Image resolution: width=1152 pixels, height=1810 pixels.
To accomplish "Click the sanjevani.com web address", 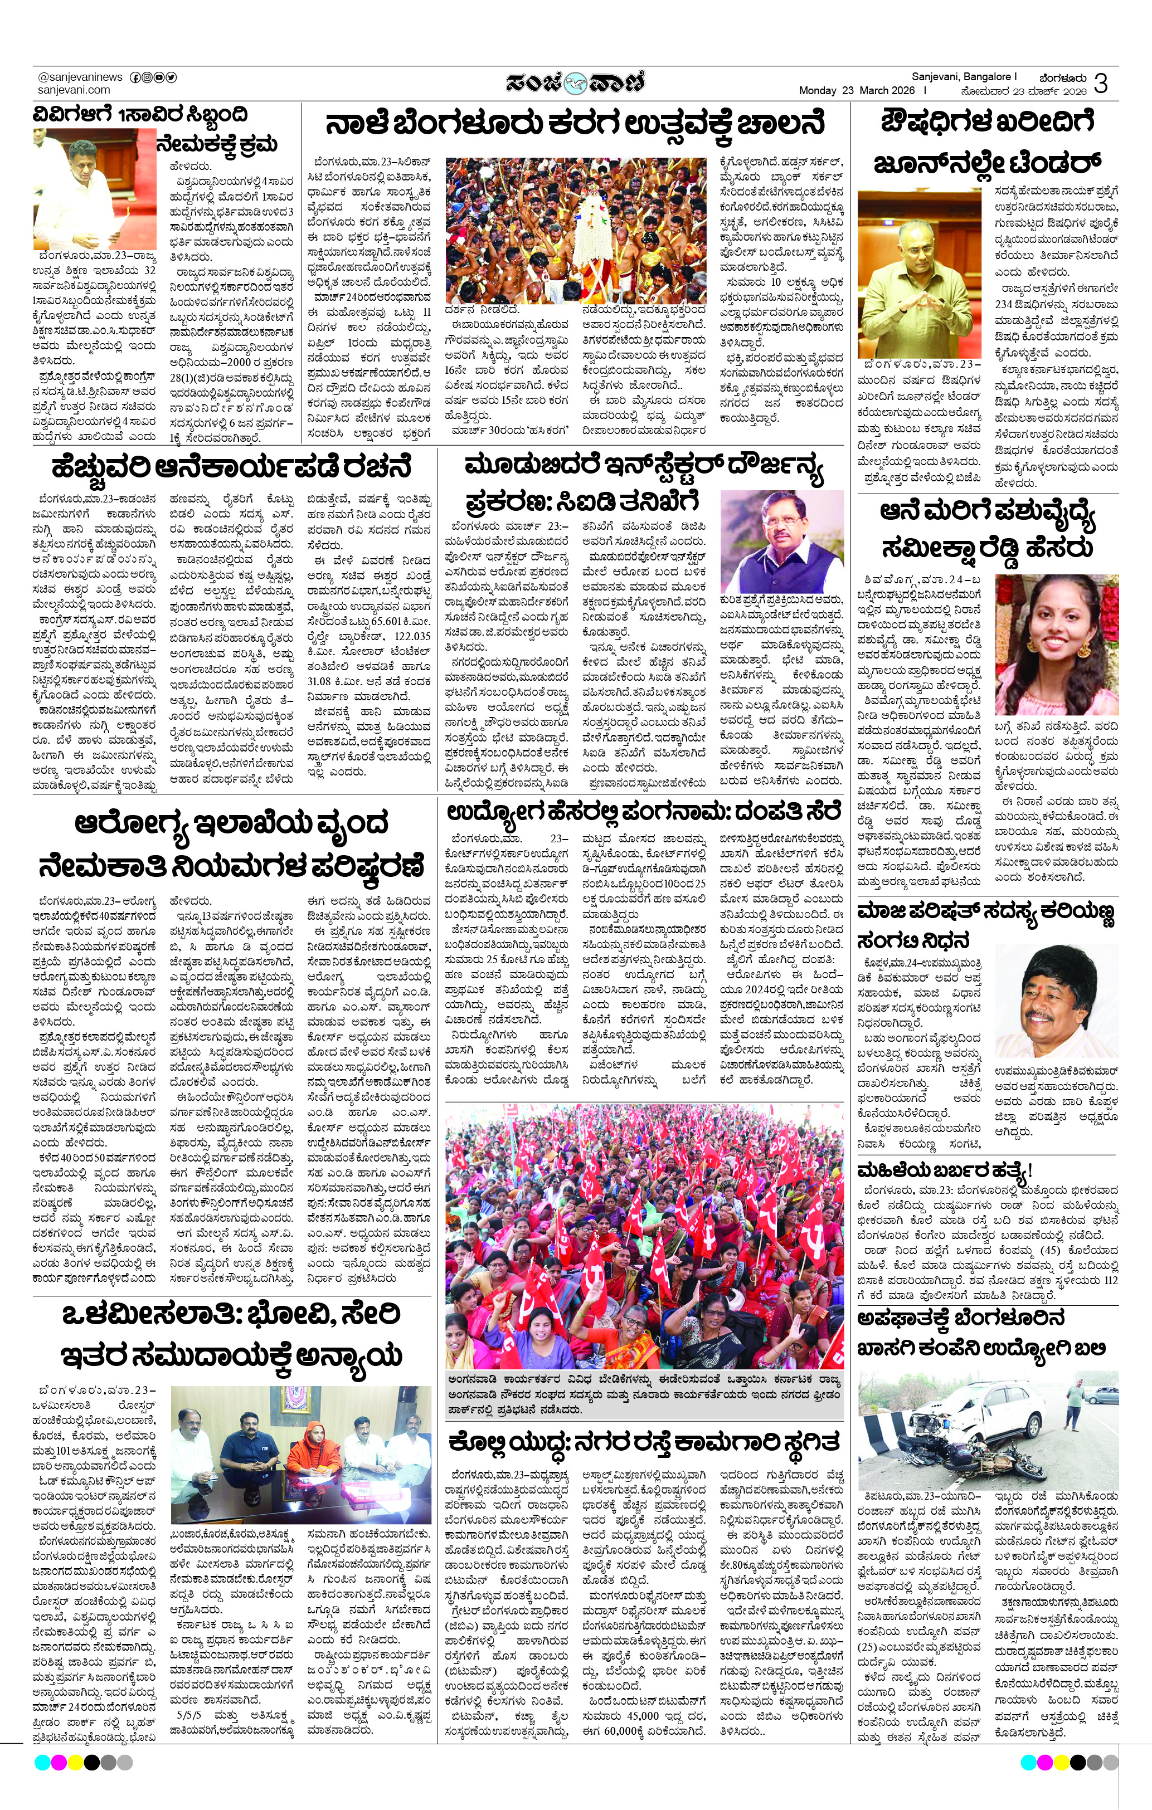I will (74, 90).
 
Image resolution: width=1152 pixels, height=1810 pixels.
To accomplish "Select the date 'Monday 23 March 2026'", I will (857, 90).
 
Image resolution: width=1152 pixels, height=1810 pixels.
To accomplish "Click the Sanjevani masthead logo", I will (575, 81).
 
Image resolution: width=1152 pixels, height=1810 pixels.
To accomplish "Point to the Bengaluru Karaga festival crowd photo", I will (576, 230).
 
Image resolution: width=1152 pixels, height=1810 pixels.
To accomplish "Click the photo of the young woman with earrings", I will (1057, 644).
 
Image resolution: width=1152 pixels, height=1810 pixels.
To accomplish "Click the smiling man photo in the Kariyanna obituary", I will (1057, 1001).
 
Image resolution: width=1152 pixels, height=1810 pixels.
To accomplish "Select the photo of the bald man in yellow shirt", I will (919, 276).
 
